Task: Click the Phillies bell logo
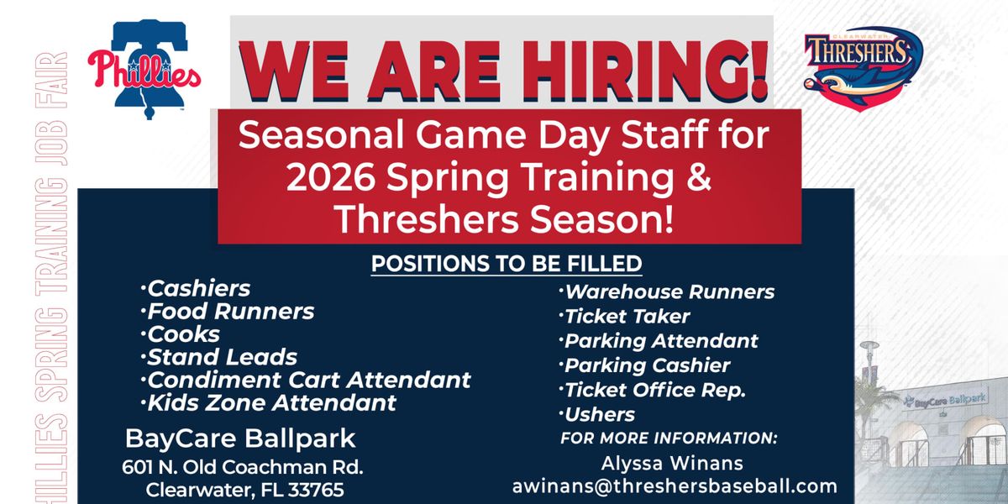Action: click(x=144, y=70)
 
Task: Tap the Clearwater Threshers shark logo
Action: click(x=864, y=68)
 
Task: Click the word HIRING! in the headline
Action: click(x=644, y=71)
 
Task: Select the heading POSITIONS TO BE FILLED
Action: click(x=507, y=264)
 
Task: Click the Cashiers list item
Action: click(x=195, y=288)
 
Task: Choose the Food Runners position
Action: click(x=228, y=312)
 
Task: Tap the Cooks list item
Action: click(x=180, y=334)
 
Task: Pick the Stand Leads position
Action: click(x=218, y=357)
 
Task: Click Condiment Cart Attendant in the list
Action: click(x=306, y=381)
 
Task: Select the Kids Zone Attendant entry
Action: click(x=268, y=403)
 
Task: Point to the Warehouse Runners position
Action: click(x=666, y=292)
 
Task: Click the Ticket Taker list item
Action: click(x=624, y=317)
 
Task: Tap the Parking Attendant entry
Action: click(x=659, y=341)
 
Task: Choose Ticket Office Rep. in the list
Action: click(x=652, y=390)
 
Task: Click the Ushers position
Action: click(x=596, y=414)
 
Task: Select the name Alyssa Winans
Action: click(x=672, y=464)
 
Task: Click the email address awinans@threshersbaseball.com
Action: click(x=675, y=486)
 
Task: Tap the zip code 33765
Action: click(x=316, y=490)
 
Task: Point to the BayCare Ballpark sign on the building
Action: click(x=945, y=400)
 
